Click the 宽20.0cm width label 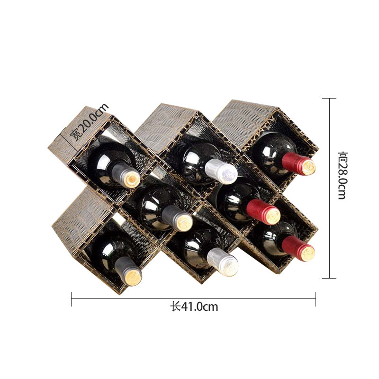89,122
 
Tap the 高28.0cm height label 343,175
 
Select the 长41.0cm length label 194,307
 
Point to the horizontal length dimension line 142,298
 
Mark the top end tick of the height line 329,99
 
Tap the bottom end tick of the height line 329,278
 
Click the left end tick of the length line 72,299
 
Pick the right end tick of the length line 316,299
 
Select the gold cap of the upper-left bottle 130,178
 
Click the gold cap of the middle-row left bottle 180,221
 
